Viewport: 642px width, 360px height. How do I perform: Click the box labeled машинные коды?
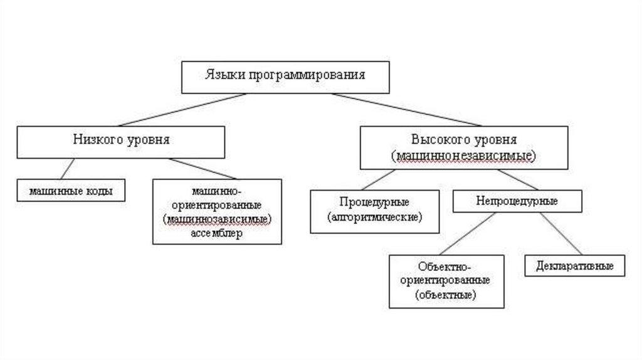71,189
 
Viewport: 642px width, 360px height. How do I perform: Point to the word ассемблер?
216,233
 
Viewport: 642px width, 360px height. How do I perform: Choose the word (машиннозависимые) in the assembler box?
217,219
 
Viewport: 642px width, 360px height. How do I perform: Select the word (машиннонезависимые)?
464,155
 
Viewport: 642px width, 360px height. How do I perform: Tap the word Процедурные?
375,202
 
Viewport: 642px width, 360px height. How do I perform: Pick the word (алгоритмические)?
375,217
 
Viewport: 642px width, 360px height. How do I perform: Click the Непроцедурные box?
517,201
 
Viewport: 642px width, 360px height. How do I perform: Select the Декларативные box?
574,265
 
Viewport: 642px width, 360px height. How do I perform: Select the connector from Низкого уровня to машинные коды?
66,169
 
